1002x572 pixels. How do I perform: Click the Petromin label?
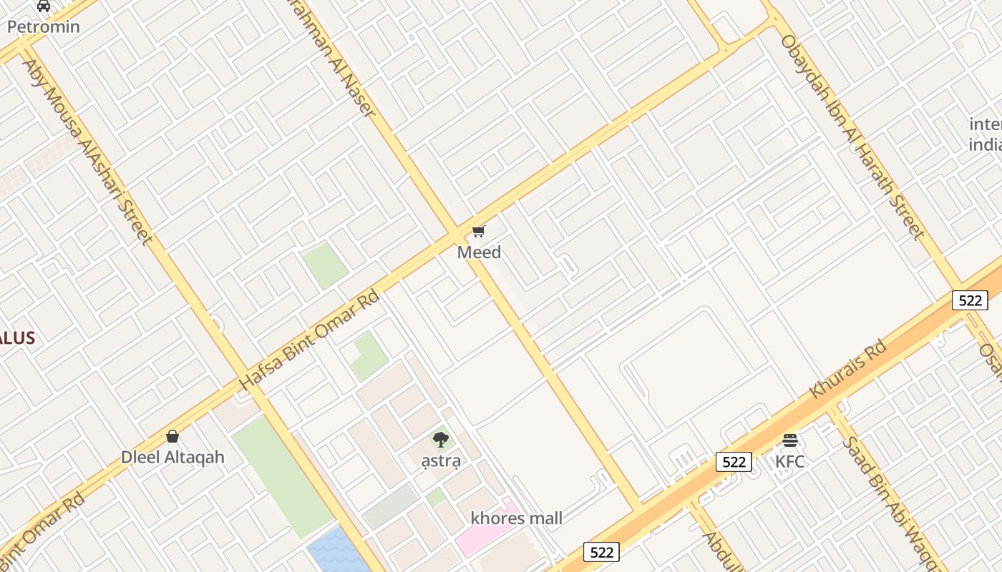point(44,27)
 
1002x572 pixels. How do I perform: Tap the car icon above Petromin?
point(44,6)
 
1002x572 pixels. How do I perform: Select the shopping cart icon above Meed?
point(479,231)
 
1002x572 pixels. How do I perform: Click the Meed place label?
point(479,252)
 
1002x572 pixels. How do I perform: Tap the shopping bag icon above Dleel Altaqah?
point(172,436)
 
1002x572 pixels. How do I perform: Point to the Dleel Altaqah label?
point(172,458)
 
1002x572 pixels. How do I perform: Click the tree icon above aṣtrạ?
point(441,439)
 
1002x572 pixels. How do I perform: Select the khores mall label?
point(516,518)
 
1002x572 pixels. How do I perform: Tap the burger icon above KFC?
point(790,440)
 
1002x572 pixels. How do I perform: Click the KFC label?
point(790,462)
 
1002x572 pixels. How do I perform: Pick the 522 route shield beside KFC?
point(734,462)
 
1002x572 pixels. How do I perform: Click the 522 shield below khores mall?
point(601,552)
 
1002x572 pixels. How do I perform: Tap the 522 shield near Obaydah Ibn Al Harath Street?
point(970,300)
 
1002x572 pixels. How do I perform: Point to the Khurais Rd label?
point(848,369)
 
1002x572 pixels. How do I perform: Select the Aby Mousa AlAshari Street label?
point(87,152)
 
